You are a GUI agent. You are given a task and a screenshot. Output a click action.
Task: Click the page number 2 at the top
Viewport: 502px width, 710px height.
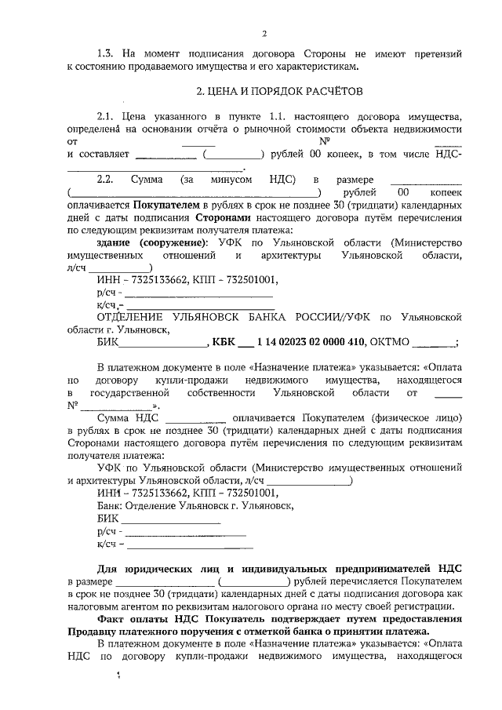(264, 33)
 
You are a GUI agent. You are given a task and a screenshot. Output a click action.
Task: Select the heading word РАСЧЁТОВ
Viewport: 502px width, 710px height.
(332, 91)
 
